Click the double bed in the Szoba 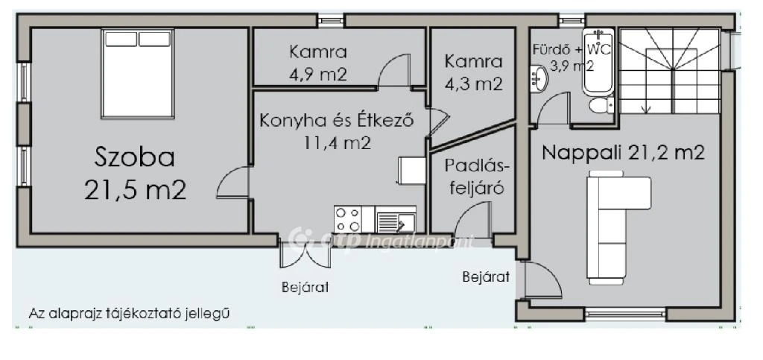tap(138, 73)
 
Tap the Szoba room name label tap(135, 157)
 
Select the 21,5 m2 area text tap(135, 190)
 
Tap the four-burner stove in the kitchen tap(348, 220)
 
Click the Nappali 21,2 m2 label tap(623, 153)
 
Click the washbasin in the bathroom tap(538, 77)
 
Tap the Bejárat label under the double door tap(305, 286)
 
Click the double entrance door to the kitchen tap(305, 254)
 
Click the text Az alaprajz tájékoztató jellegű tap(129, 313)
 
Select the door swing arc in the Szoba tap(232, 183)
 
